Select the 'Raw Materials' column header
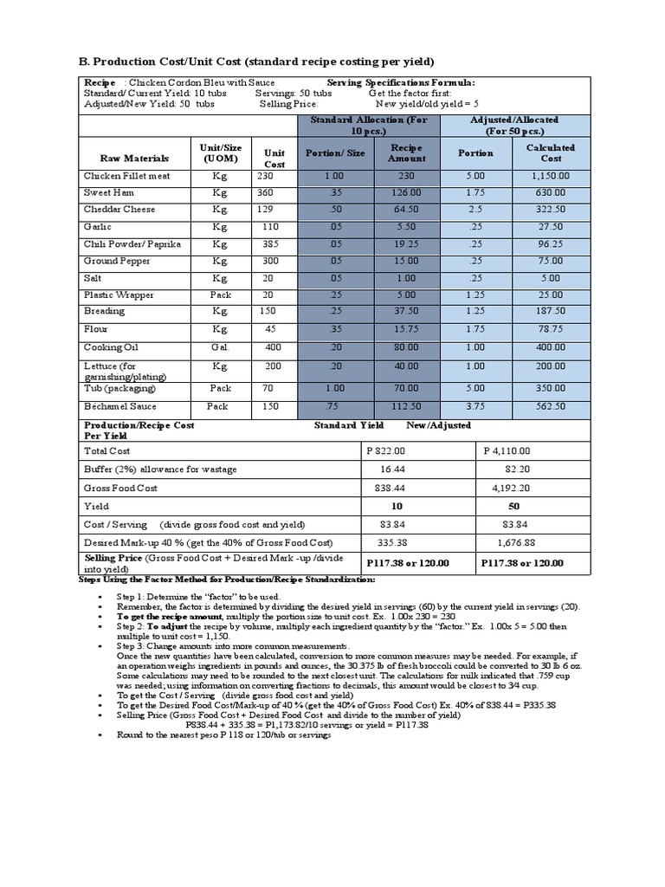134,159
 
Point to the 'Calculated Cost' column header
551,152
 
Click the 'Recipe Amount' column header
406,152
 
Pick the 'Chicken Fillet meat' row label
126,176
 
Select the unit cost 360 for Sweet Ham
265,192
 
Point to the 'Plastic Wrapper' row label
119,295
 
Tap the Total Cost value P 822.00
386,451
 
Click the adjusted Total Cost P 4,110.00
513,451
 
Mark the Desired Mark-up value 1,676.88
517,542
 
